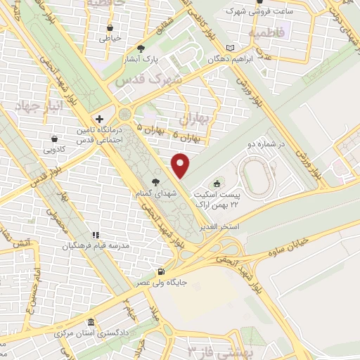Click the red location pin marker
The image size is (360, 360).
pos(181,165)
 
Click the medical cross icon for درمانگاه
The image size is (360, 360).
pos(100,120)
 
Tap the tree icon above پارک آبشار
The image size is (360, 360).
pos(141,49)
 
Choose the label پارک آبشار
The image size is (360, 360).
pos(142,60)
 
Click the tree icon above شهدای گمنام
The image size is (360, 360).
pos(151,179)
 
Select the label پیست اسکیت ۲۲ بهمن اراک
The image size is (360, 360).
pos(236,198)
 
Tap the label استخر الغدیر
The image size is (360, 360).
pos(221,226)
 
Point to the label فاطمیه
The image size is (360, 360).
pos(265,33)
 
